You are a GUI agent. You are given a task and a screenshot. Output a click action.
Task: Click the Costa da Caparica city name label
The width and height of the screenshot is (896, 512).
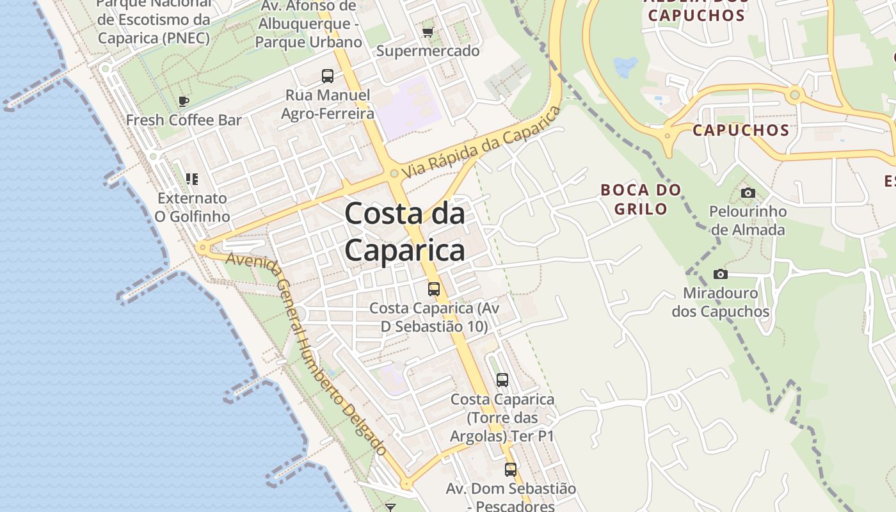coord(404,232)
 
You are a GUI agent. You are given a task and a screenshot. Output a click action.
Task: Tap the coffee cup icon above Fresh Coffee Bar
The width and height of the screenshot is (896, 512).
coord(184,101)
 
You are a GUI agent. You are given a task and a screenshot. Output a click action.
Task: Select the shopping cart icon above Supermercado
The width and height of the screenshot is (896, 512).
coord(428,32)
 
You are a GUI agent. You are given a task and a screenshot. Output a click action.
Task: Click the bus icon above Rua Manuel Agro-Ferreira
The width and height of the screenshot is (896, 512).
coord(328,76)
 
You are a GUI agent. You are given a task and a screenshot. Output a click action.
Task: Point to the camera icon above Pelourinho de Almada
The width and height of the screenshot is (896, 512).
coord(748,193)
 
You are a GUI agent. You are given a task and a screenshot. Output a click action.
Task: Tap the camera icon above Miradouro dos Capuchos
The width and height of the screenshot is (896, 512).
coord(721,275)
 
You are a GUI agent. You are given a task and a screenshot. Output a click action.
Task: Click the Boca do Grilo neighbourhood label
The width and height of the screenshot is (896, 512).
coord(640,199)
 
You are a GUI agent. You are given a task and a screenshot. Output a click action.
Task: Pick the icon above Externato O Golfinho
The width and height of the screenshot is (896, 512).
coord(191,179)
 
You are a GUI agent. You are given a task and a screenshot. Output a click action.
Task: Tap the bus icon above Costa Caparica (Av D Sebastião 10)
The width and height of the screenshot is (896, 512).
coord(434,289)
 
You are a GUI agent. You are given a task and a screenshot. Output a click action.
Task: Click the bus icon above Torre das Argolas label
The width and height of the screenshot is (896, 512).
coord(502,380)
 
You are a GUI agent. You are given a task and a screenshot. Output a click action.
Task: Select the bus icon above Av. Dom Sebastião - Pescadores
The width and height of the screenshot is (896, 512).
coord(510,470)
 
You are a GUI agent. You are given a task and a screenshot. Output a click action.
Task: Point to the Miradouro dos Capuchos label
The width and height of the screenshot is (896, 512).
coord(720,303)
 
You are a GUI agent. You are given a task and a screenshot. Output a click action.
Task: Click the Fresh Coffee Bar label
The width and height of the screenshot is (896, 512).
coord(184,120)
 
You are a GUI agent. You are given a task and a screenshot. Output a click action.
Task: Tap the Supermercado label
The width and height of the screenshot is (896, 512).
coord(428,51)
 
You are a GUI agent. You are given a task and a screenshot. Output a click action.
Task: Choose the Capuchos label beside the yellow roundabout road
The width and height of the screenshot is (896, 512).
coord(741,131)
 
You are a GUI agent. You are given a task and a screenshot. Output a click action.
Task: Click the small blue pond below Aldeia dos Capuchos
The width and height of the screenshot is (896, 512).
coord(625,66)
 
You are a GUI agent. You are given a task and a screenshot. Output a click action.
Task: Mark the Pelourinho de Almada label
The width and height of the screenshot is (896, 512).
coord(748,220)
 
